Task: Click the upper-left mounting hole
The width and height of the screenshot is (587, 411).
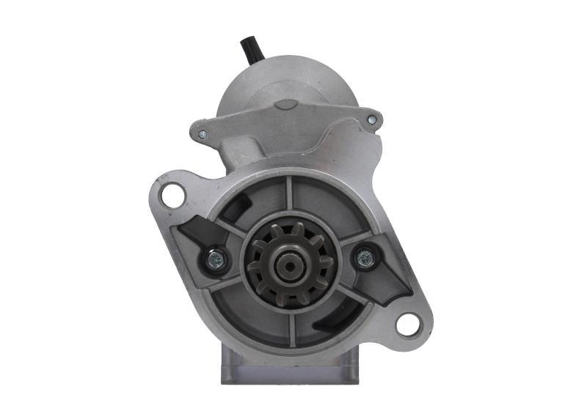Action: click(172, 195)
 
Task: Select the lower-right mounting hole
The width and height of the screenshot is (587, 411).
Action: click(407, 323)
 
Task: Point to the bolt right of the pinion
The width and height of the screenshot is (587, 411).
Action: click(365, 258)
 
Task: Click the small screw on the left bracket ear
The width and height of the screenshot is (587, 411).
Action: click(203, 135)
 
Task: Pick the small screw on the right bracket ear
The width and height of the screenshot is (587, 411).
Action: click(371, 119)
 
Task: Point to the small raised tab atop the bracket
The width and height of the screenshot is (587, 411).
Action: click(282, 104)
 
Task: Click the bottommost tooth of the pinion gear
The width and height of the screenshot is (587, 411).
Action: click(291, 300)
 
